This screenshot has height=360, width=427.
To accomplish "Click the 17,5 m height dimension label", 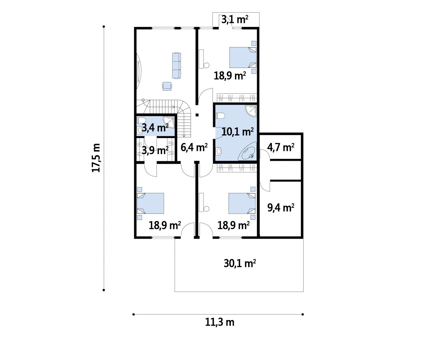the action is coord(96,158).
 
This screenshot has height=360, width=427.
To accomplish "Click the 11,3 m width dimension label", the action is coord(220,322).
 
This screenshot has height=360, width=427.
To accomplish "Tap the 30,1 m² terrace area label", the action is coord(240,263).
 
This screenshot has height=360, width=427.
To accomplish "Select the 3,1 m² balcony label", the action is coord(235,20).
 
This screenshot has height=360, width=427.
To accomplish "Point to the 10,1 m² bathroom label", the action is coord(238,132).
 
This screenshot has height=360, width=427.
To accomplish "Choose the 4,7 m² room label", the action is coord(281,147).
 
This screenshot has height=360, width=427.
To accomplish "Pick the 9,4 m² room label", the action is coord(281,208).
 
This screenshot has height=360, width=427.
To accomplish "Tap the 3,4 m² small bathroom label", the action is coord(155,128).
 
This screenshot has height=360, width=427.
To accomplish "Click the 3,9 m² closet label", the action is coord(155,151).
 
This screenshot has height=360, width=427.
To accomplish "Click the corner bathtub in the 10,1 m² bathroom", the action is coord(247,151).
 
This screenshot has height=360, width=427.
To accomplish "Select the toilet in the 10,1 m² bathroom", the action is coord(220,116).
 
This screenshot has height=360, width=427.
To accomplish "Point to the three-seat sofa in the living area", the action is coord(176,66).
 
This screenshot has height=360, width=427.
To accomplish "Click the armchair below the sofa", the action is coord(167,86).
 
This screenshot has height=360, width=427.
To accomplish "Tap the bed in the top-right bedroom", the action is coord(243,57).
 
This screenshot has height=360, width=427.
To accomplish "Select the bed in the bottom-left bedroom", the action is coord(150,203).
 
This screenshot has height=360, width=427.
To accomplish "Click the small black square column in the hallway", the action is coord(197,115).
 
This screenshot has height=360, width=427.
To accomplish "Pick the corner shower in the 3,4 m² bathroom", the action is coord(169,122).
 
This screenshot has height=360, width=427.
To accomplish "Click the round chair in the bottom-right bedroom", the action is coord(206,209).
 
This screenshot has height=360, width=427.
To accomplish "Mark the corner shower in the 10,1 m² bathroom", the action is coord(251,111).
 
